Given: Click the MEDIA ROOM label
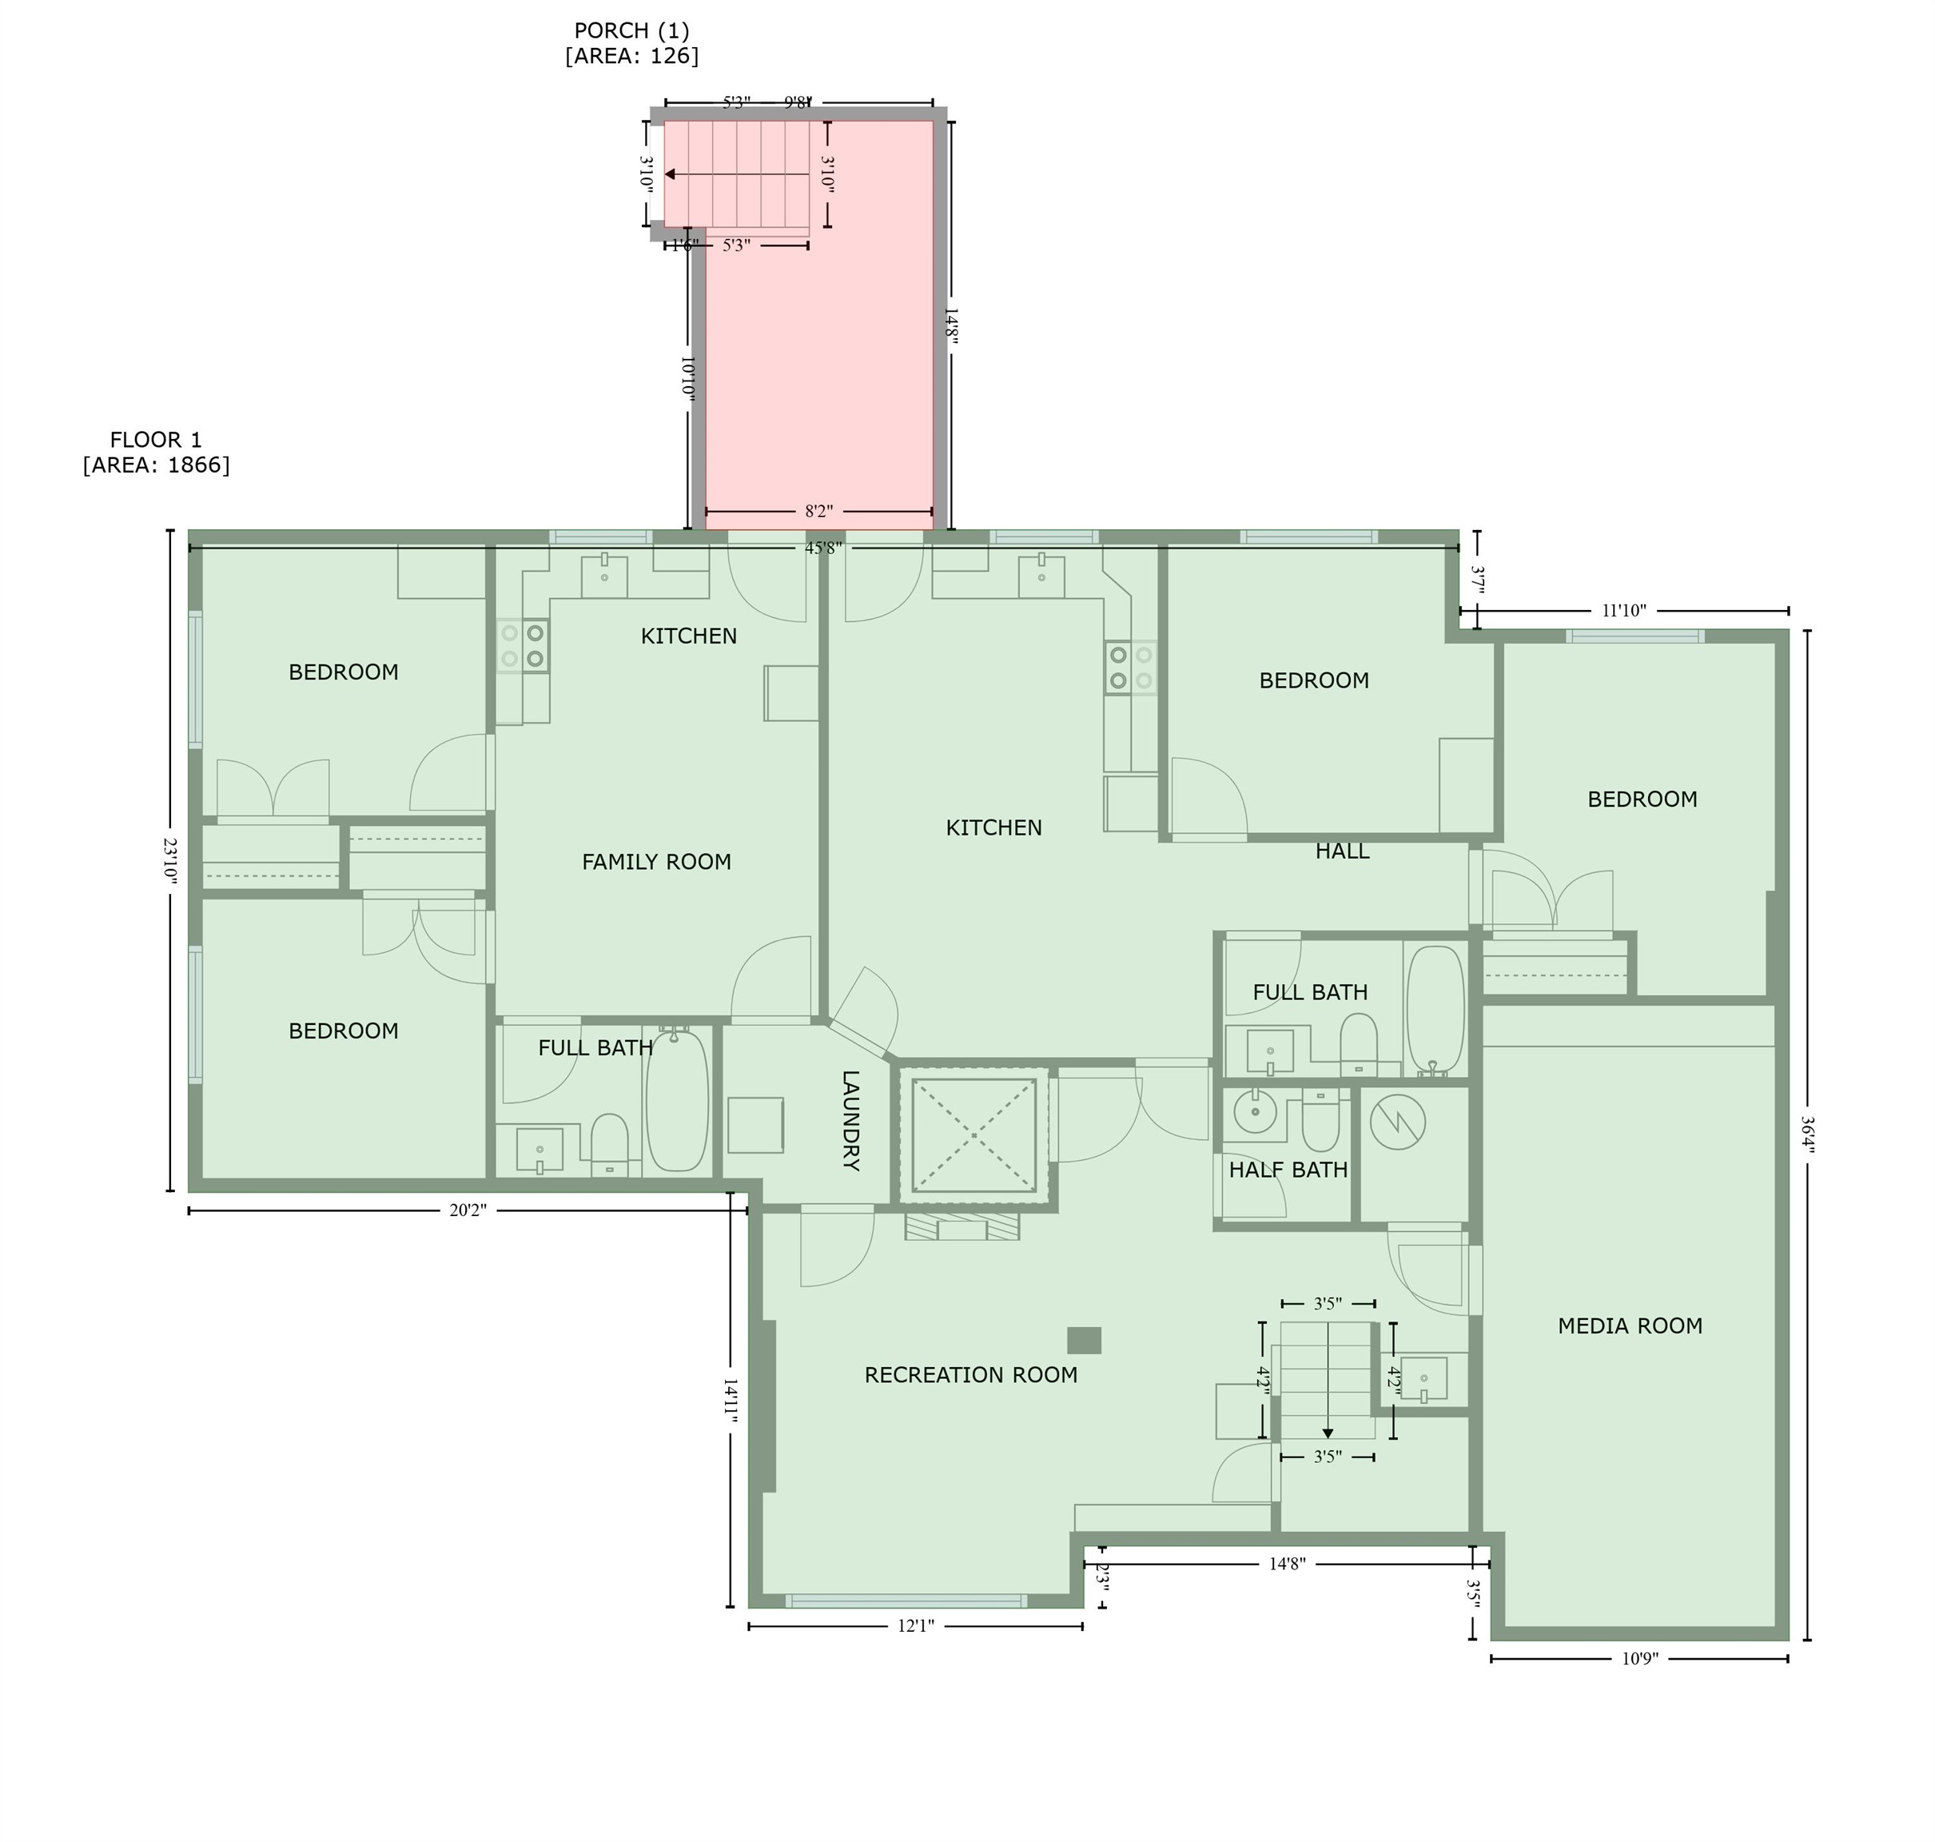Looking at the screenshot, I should coord(1629,1326).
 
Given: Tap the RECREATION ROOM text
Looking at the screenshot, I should coord(970,1374).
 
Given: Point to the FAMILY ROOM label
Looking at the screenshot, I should coord(656,861).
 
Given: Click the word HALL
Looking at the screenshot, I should coord(1341,851).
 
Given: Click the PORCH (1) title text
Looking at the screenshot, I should coord(631,30).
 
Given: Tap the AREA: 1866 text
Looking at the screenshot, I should coord(156,464).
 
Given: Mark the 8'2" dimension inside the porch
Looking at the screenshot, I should coord(818,512).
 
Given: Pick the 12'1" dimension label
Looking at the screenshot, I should coord(915,1626).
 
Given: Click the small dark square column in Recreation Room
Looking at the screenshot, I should coord(1084,1340).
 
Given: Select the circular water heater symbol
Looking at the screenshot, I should coord(1397,1122).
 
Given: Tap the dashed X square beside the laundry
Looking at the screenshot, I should coord(973,1135).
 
